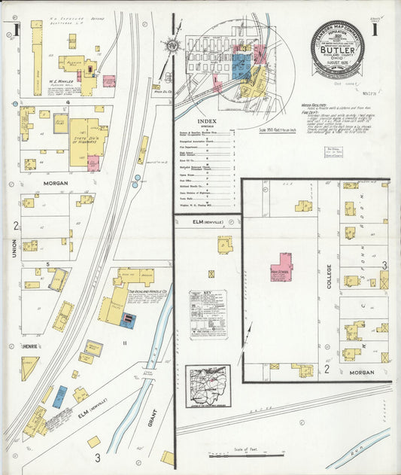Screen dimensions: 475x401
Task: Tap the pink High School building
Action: (282, 266)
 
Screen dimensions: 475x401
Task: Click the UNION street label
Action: (14, 248)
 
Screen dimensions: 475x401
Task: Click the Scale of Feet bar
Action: (245, 455)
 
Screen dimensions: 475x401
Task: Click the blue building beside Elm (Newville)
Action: (59, 396)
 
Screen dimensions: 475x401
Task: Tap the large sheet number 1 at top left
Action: (14, 31)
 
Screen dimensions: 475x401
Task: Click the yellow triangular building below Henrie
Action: (29, 367)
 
